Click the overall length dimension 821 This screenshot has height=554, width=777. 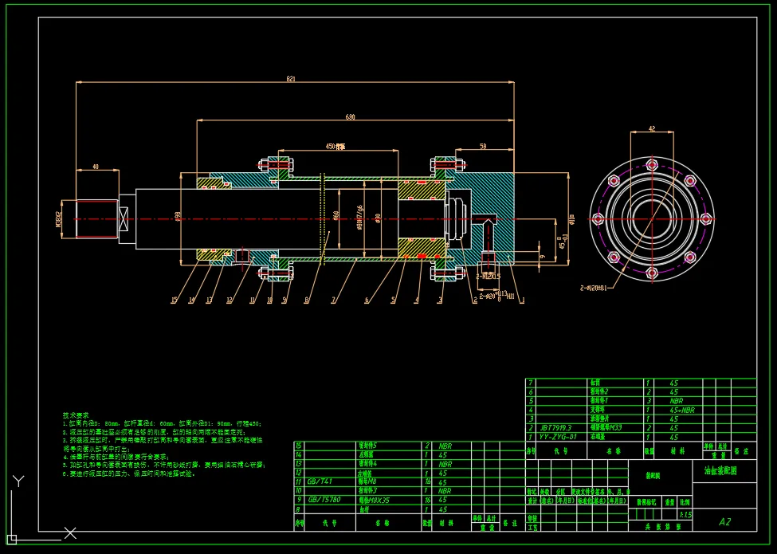[x=291, y=79]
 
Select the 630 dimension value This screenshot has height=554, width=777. [x=350, y=117]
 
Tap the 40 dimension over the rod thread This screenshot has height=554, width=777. [x=96, y=167]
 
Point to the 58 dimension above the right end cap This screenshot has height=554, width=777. [x=483, y=146]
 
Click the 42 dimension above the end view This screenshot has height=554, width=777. [x=651, y=128]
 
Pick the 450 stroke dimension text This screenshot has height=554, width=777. [x=335, y=146]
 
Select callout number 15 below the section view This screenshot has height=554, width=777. [x=173, y=301]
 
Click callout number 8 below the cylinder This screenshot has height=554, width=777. [x=306, y=301]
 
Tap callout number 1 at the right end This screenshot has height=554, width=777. [x=523, y=301]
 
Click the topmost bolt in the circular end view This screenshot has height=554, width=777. [x=651, y=165]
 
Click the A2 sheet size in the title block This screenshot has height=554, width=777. [x=724, y=522]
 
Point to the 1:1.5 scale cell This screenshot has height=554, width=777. [x=685, y=515]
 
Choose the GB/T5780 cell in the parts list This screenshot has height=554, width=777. [x=323, y=500]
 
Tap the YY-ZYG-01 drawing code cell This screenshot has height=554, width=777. [x=557, y=437]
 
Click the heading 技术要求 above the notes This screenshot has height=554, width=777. [x=78, y=415]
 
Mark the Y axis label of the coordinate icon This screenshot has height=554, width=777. [x=18, y=481]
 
